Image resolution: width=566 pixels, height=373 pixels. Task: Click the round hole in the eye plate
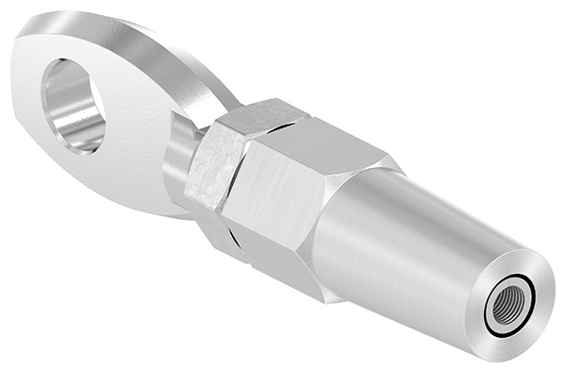74,102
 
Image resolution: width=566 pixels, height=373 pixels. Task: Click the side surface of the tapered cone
406,246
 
